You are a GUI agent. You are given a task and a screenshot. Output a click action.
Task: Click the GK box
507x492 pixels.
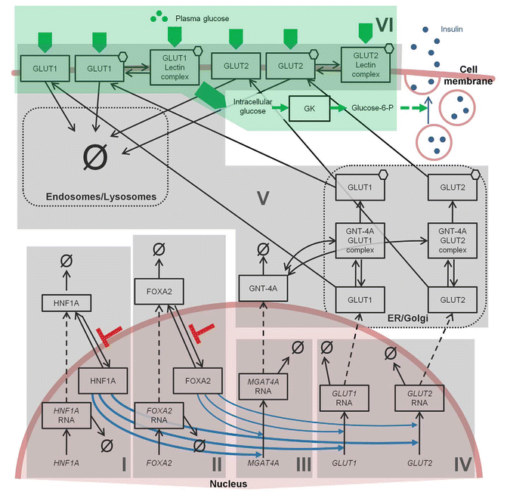(309, 107)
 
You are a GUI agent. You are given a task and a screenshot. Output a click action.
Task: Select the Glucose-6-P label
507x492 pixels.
(373, 108)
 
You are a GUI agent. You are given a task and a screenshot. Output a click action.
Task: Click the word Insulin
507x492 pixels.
(452, 29)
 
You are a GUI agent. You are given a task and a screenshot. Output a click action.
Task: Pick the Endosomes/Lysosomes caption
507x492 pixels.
(108, 197)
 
